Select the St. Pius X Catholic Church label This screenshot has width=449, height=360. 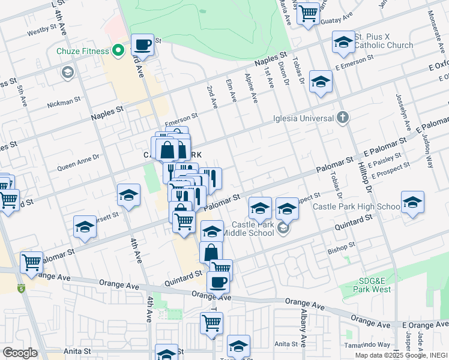384,41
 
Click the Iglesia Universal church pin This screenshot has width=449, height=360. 342,116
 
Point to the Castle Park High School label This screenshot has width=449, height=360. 356,207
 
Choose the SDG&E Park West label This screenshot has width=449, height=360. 369,285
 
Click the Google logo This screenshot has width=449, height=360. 20,353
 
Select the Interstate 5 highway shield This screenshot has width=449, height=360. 22,288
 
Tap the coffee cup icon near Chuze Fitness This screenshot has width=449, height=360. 142,44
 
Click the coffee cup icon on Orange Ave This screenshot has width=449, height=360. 218,281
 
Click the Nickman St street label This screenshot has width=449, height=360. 64,103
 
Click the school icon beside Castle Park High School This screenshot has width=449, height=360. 412,203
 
